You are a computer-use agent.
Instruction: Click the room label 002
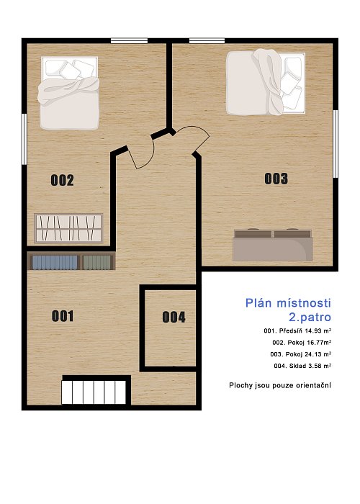63,180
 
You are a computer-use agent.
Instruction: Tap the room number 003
276,179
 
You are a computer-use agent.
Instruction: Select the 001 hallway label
63,316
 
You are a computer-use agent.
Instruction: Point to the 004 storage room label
174,318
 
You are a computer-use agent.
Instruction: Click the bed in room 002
68,93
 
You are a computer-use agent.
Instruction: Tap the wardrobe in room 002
68,228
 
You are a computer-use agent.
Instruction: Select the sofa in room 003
273,245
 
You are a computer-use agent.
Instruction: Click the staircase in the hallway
94,392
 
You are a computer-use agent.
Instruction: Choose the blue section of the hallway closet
55,263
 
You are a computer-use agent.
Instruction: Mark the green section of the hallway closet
96,263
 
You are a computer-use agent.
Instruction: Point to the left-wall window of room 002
24,139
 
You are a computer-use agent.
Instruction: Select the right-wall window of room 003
336,144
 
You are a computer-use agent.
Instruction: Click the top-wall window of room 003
207,40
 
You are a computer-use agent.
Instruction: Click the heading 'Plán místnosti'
288,303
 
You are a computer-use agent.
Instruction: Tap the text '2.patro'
310,318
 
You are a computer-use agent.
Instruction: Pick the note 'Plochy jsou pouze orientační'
280,385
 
